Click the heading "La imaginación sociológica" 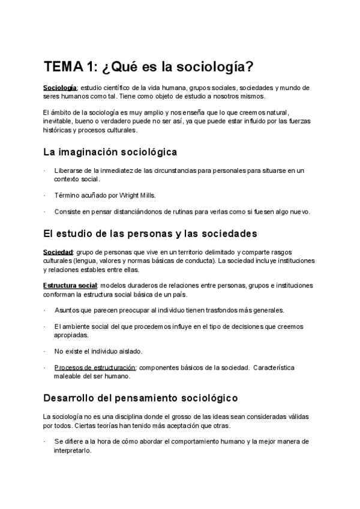point(110,152)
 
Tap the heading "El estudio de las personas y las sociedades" point(142,233)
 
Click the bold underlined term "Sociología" point(59,88)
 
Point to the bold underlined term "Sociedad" point(58,252)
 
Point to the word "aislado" point(128,351)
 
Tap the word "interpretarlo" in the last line point(73,451)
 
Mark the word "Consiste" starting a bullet point(67,211)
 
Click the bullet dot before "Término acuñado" point(45,196)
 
